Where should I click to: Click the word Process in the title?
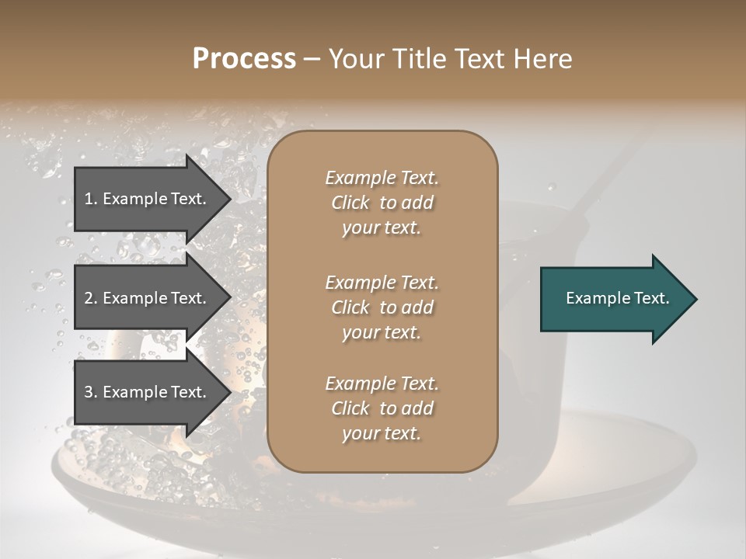[x=244, y=59]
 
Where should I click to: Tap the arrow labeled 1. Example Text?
[x=148, y=199]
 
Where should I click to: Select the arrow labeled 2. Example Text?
[x=148, y=298]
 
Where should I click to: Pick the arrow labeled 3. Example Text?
[x=148, y=392]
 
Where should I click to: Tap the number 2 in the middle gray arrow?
[x=89, y=298]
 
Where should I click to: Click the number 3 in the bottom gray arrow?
[x=89, y=392]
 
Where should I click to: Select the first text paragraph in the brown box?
[x=382, y=203]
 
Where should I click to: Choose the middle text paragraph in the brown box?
[x=382, y=307]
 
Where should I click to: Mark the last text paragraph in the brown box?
[x=382, y=408]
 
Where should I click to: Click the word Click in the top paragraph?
[x=350, y=203]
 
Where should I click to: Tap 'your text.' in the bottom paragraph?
[x=382, y=433]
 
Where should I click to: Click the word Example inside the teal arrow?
[x=593, y=298]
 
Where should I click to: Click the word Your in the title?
[x=354, y=59]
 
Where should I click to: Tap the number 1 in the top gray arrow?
[x=88, y=199]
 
